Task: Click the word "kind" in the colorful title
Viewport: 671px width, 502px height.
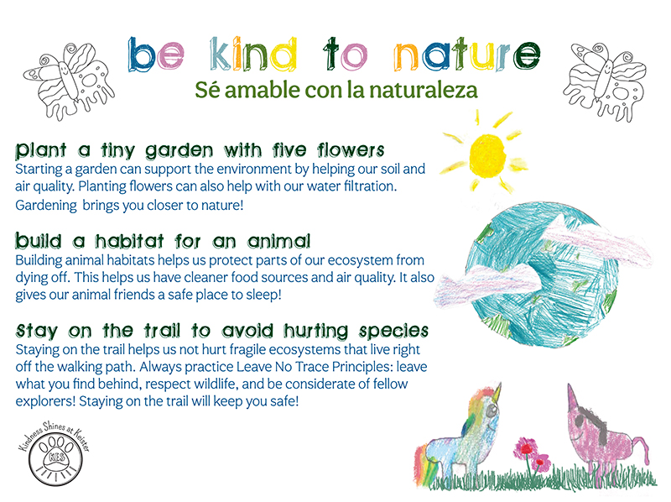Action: tap(253, 55)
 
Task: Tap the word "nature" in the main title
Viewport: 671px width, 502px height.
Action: tap(467, 55)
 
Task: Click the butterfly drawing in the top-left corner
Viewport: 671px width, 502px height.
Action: tap(70, 80)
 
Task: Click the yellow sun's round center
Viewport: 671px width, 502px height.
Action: tap(488, 156)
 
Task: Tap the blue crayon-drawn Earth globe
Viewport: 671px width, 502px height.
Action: tap(542, 275)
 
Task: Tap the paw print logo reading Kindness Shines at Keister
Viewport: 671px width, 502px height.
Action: tap(55, 454)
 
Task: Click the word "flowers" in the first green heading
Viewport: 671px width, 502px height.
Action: tap(351, 150)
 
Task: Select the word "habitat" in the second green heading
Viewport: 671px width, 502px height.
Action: tap(129, 241)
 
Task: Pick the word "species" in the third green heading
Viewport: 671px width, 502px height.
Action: tap(393, 331)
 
